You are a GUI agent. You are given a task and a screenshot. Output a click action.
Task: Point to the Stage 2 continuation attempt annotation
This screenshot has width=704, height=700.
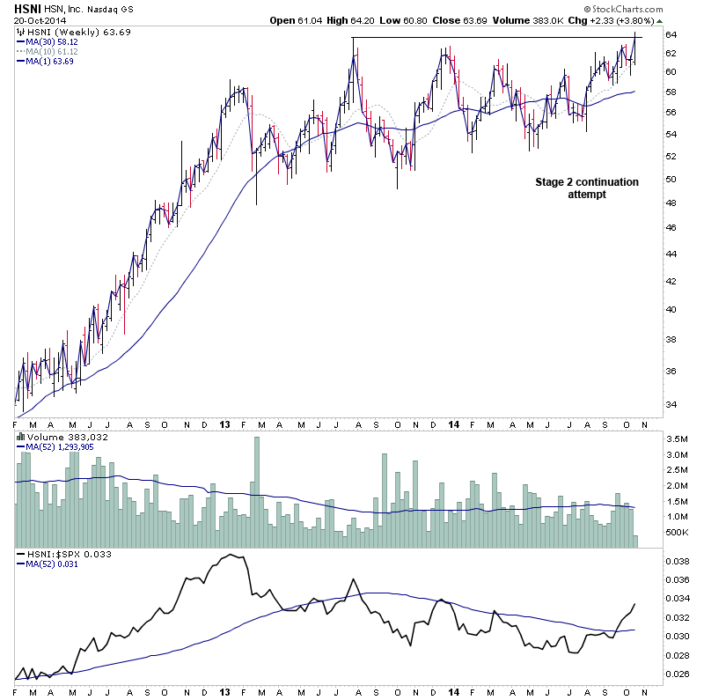click(x=587, y=188)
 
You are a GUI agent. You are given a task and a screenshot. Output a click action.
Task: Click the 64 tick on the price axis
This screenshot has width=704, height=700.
click(x=670, y=35)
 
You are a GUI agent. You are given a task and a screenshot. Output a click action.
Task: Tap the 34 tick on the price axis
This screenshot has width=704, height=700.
click(x=670, y=405)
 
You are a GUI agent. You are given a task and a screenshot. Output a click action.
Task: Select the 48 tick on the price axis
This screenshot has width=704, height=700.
click(x=670, y=202)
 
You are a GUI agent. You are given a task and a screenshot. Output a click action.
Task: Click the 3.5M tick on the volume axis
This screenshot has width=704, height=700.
click(x=677, y=438)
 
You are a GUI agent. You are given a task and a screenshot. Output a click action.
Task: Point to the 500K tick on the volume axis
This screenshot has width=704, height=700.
click(x=676, y=533)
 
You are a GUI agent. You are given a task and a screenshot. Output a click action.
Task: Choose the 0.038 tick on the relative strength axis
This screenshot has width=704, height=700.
click(x=677, y=560)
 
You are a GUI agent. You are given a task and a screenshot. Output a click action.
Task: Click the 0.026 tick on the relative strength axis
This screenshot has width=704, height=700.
click(x=677, y=674)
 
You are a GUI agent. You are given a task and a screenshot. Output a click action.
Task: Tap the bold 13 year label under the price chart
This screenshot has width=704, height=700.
click(x=225, y=424)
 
